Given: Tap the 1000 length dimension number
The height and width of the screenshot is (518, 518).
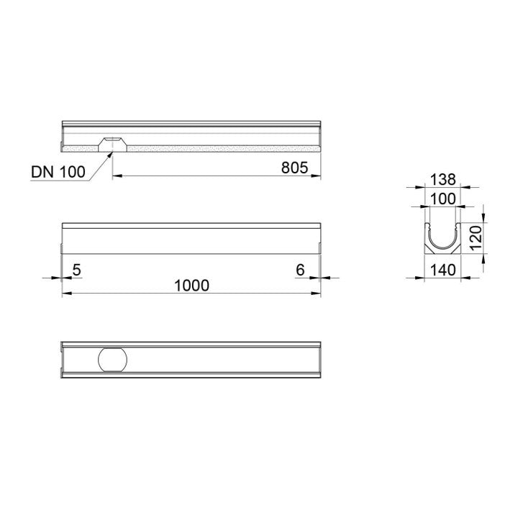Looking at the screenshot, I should (x=191, y=286).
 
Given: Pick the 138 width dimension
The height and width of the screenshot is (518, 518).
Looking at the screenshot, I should (x=443, y=178).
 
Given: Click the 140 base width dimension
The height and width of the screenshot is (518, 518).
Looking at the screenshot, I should (x=443, y=270).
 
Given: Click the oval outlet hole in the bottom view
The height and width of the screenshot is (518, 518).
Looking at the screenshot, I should (x=113, y=358).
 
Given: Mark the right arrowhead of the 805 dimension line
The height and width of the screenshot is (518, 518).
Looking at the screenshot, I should (x=317, y=175).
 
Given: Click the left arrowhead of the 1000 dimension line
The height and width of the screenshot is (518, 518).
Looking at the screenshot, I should (x=65, y=294).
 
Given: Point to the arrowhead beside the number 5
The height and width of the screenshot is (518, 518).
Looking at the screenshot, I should (x=58, y=277).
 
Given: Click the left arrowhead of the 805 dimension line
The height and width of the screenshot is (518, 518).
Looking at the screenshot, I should (x=117, y=175).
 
